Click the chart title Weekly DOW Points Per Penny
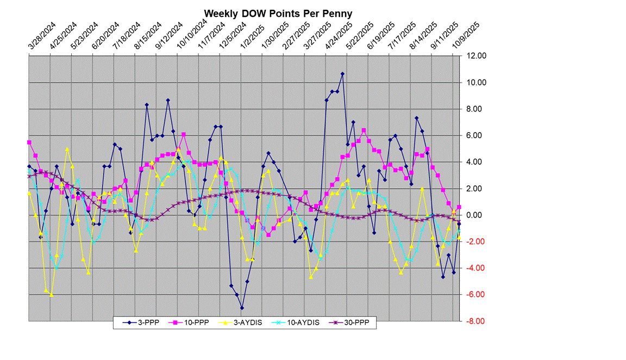278,13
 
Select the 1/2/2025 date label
254,38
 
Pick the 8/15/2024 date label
148,38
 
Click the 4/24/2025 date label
339,38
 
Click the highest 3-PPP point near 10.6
342,73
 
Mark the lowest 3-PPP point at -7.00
242,308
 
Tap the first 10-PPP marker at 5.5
29,142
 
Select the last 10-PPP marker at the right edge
459,207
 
